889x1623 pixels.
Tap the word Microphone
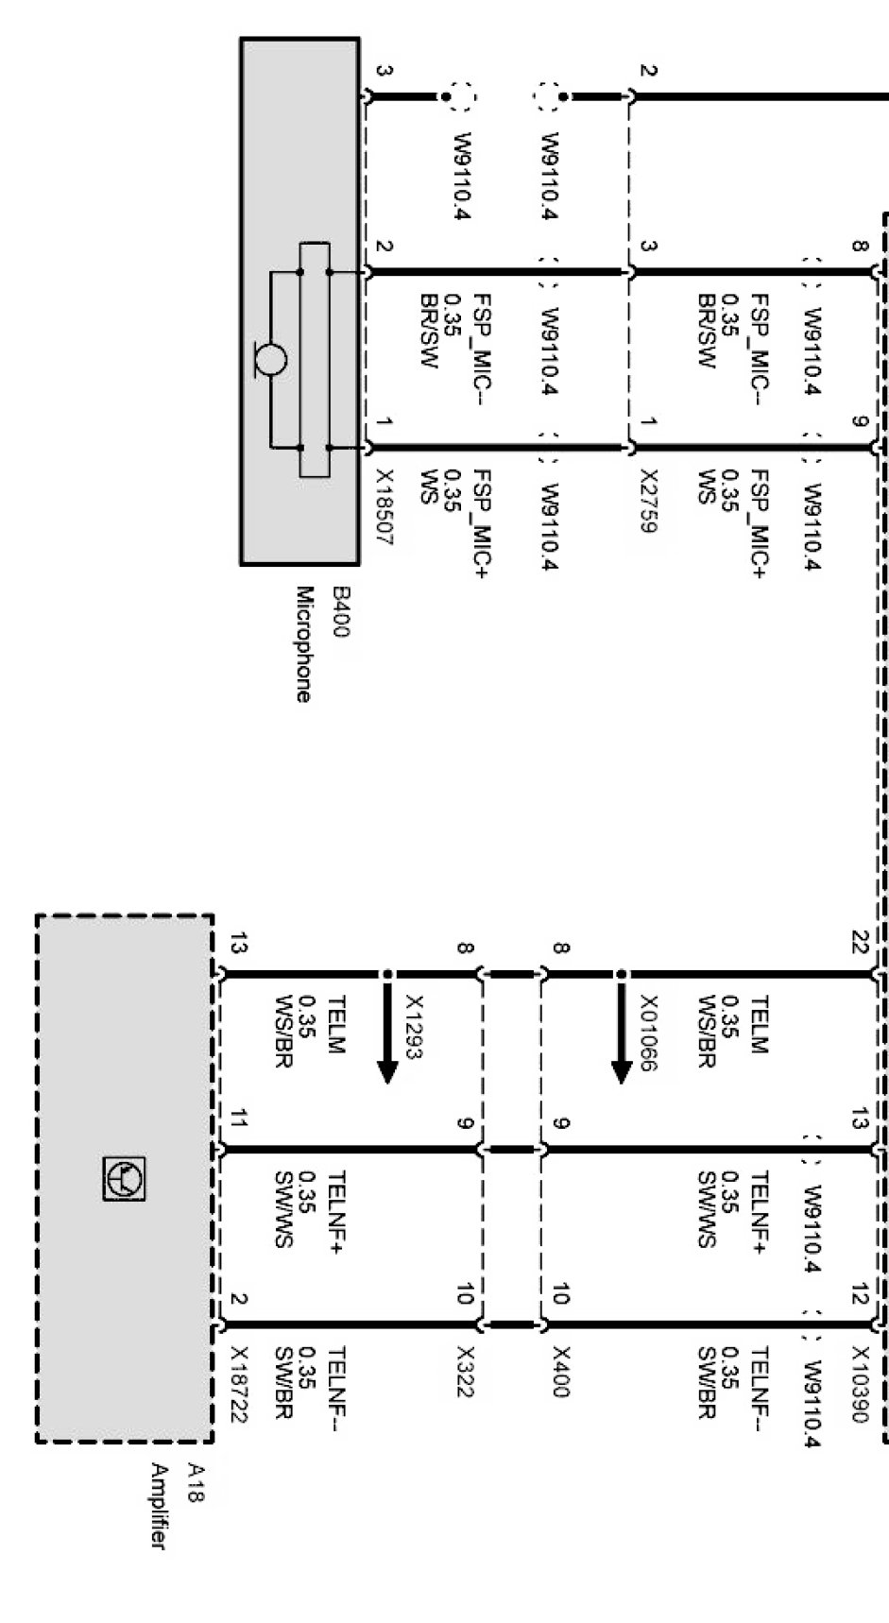[x=304, y=644]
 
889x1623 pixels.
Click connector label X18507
[x=385, y=507]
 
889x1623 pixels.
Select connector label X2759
[x=648, y=501]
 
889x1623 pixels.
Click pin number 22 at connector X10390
[x=859, y=943]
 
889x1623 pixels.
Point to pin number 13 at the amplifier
[x=238, y=943]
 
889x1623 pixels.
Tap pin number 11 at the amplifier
[x=238, y=1120]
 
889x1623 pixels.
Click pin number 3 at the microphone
[x=385, y=71]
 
